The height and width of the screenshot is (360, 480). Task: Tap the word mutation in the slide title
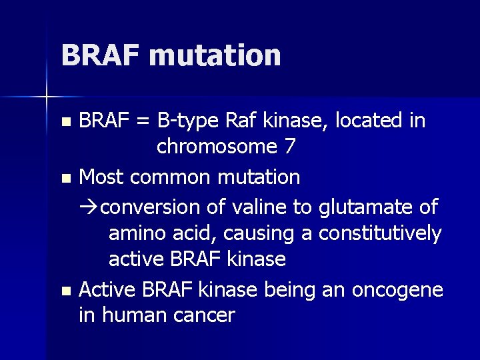(x=215, y=55)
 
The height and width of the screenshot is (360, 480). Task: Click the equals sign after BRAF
(x=141, y=121)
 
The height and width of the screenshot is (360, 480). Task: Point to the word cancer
(x=203, y=315)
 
